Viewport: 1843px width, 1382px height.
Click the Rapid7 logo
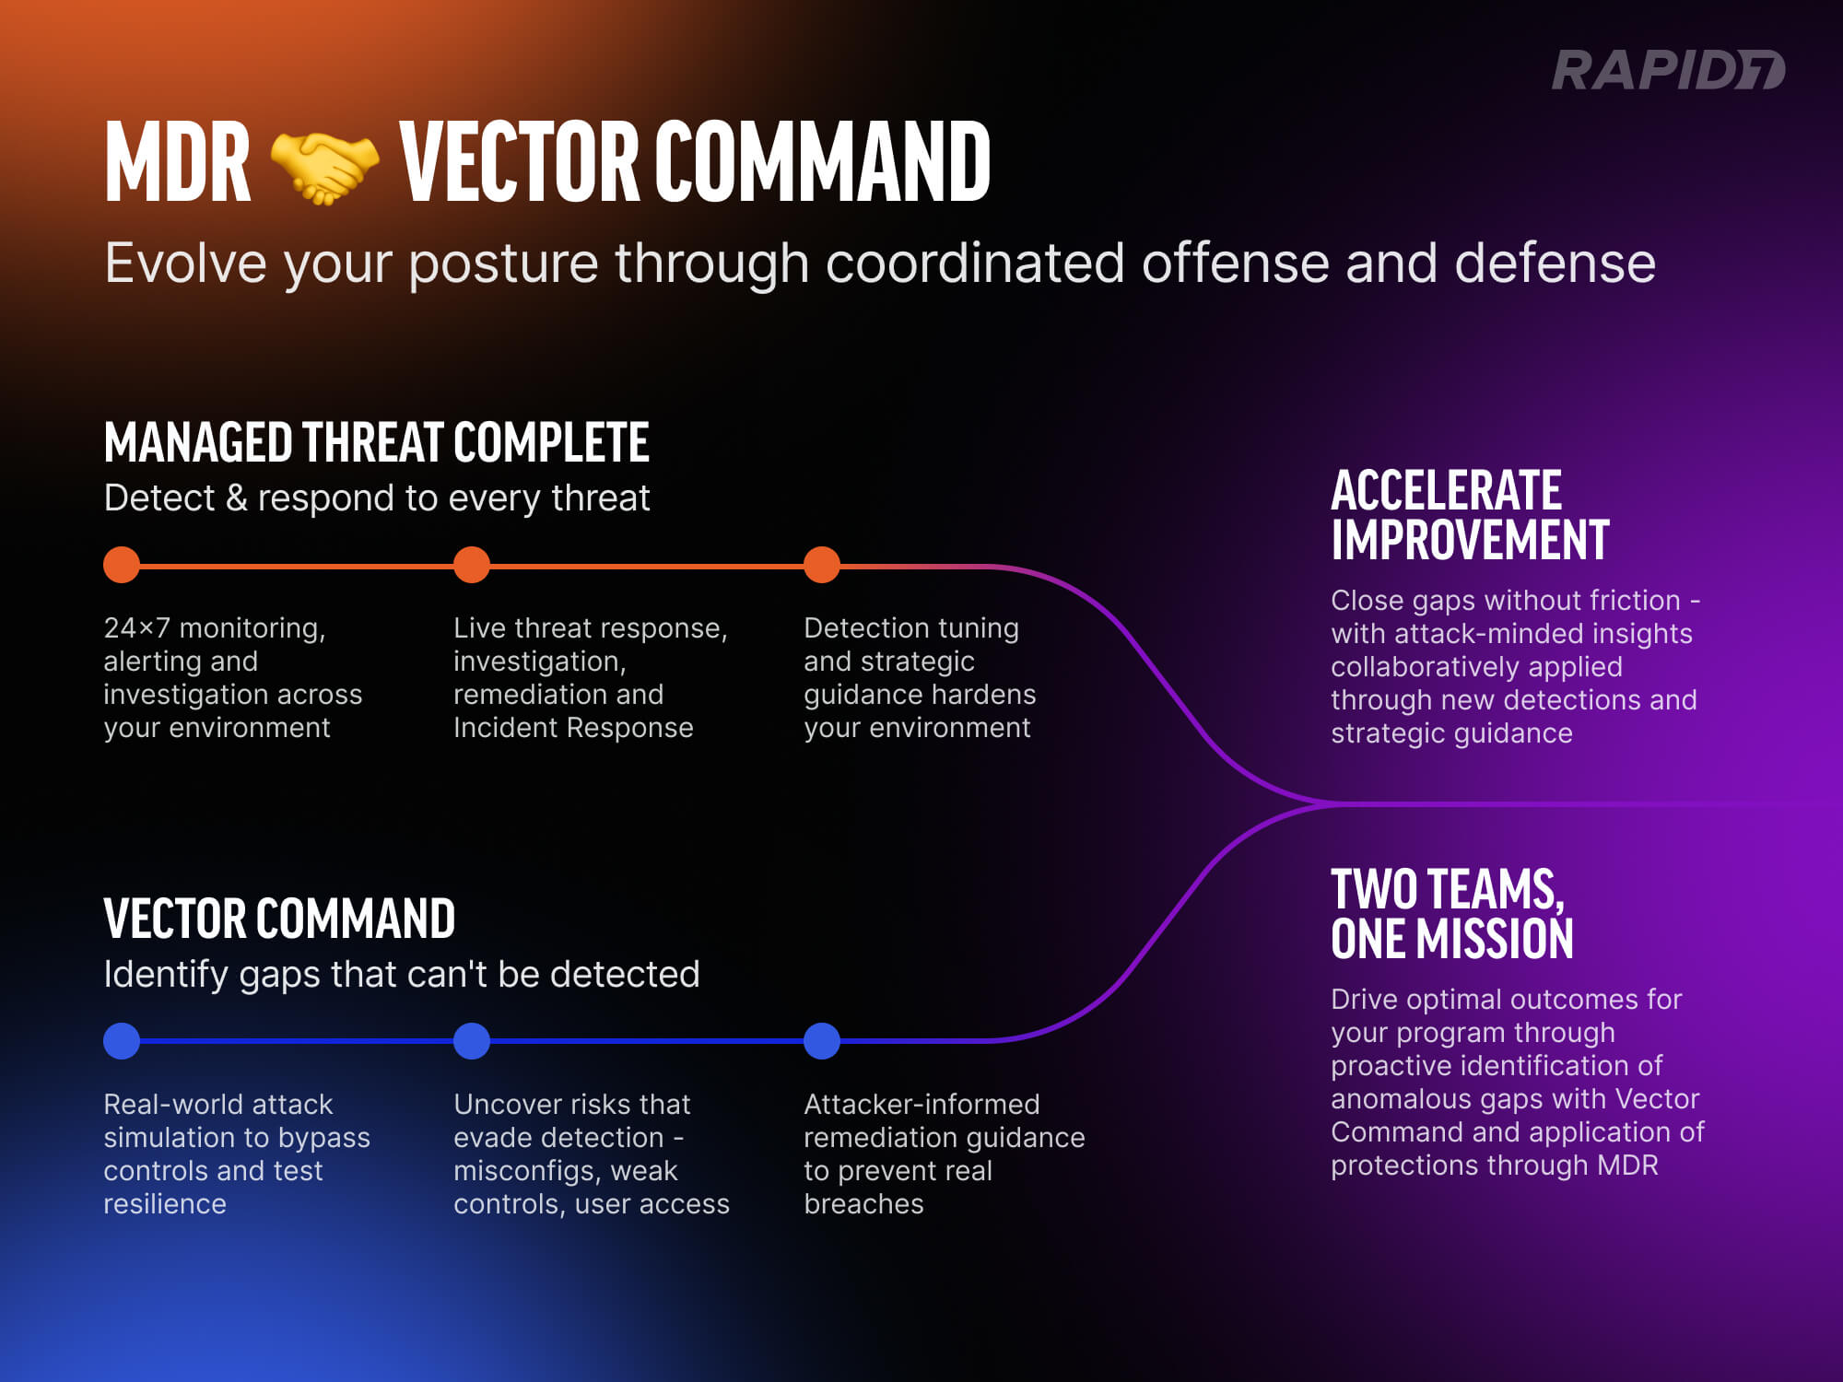tap(1668, 71)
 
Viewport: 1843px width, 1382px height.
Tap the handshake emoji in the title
tap(324, 166)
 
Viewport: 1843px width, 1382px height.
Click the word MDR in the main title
tap(177, 163)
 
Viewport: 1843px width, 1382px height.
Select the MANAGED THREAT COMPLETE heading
tap(376, 442)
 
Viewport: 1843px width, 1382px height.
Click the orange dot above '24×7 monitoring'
tap(122, 565)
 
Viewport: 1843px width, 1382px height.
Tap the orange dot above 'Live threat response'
tap(472, 565)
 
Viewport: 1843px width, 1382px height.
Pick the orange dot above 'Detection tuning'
tap(822, 565)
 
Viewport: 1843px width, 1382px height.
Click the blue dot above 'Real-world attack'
tap(122, 1041)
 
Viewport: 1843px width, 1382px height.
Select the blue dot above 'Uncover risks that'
tap(472, 1041)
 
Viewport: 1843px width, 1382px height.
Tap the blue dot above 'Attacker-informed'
tap(822, 1041)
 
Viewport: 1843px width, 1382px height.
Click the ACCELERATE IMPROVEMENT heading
tap(1469, 515)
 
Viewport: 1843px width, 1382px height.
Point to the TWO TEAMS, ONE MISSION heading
tap(1451, 914)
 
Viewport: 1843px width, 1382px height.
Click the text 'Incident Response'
tap(573, 728)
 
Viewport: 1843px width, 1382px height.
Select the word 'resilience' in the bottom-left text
tap(165, 1204)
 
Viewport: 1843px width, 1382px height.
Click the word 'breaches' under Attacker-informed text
tap(863, 1204)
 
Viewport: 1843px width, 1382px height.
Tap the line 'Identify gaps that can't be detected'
tap(402, 975)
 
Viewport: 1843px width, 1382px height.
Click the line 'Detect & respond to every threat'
tap(377, 498)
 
